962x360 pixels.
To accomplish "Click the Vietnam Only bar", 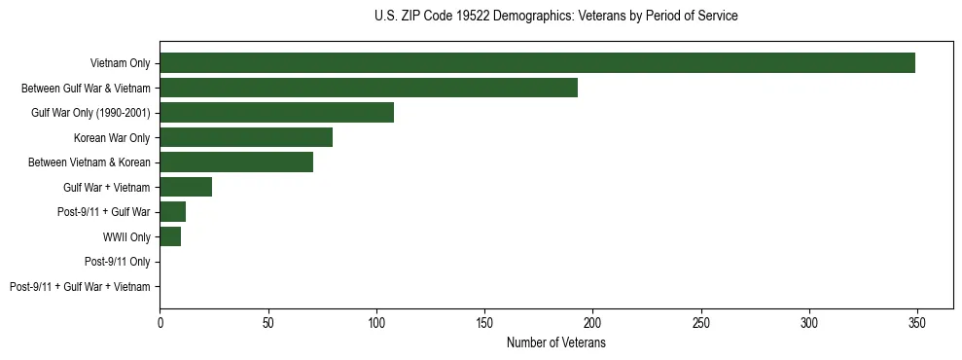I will [x=537, y=62].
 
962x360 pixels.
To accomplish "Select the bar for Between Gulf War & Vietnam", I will [x=369, y=88].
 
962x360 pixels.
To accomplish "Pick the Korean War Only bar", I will [x=246, y=137].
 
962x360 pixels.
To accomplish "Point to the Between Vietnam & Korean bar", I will [x=236, y=162].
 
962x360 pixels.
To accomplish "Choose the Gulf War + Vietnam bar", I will [x=186, y=187].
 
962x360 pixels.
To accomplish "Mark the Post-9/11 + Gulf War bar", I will [x=173, y=211].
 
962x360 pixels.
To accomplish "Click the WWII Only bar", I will [x=170, y=236].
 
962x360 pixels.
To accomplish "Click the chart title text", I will [x=555, y=17].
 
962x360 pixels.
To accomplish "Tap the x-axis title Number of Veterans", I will [x=555, y=342].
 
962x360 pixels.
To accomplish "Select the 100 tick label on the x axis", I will [x=376, y=320].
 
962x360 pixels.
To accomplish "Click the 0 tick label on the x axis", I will [x=160, y=320].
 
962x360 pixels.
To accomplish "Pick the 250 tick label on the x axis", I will [x=701, y=320].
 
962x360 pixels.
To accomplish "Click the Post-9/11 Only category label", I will [x=117, y=262].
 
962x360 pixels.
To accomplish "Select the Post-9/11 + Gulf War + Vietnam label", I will [x=80, y=286].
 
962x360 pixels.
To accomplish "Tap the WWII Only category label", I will [x=126, y=236].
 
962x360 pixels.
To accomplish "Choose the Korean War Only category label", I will [x=112, y=137].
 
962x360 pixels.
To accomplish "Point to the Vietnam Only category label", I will [x=120, y=63].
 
